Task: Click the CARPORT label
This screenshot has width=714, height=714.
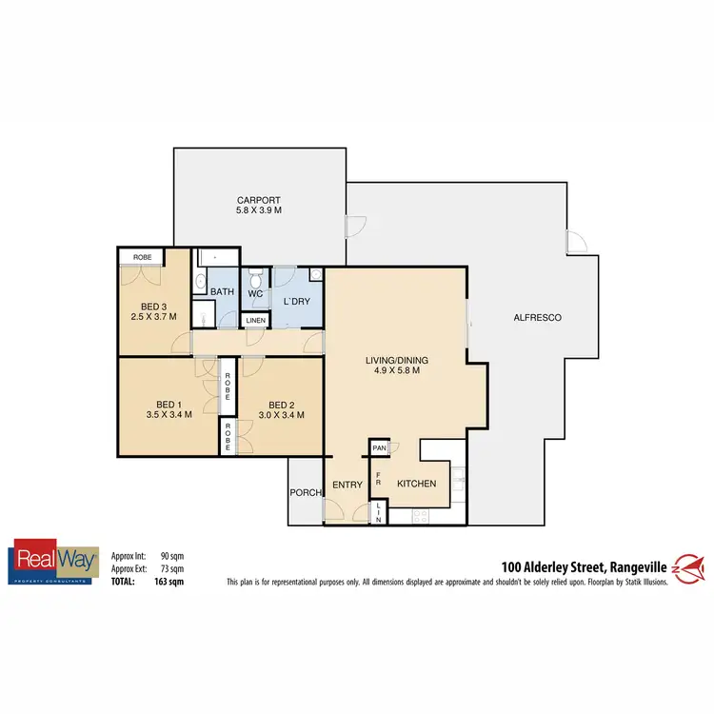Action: click(x=260, y=201)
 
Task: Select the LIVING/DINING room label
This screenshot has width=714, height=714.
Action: click(x=397, y=360)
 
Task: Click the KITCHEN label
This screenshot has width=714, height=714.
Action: click(x=416, y=484)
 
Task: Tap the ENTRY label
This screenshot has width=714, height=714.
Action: click(x=347, y=485)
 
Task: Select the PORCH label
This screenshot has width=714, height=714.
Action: click(x=305, y=492)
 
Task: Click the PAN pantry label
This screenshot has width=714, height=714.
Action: click(x=379, y=447)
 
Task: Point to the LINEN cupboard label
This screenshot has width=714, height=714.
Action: click(x=255, y=321)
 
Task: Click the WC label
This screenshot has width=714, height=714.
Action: click(x=255, y=294)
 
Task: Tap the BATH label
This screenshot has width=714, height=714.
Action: click(x=223, y=291)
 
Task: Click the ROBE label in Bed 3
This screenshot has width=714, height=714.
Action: click(x=141, y=257)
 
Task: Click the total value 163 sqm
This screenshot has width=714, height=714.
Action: click(x=171, y=580)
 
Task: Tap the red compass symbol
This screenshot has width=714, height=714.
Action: click(x=689, y=568)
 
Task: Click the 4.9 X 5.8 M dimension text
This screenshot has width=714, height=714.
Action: click(x=397, y=371)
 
